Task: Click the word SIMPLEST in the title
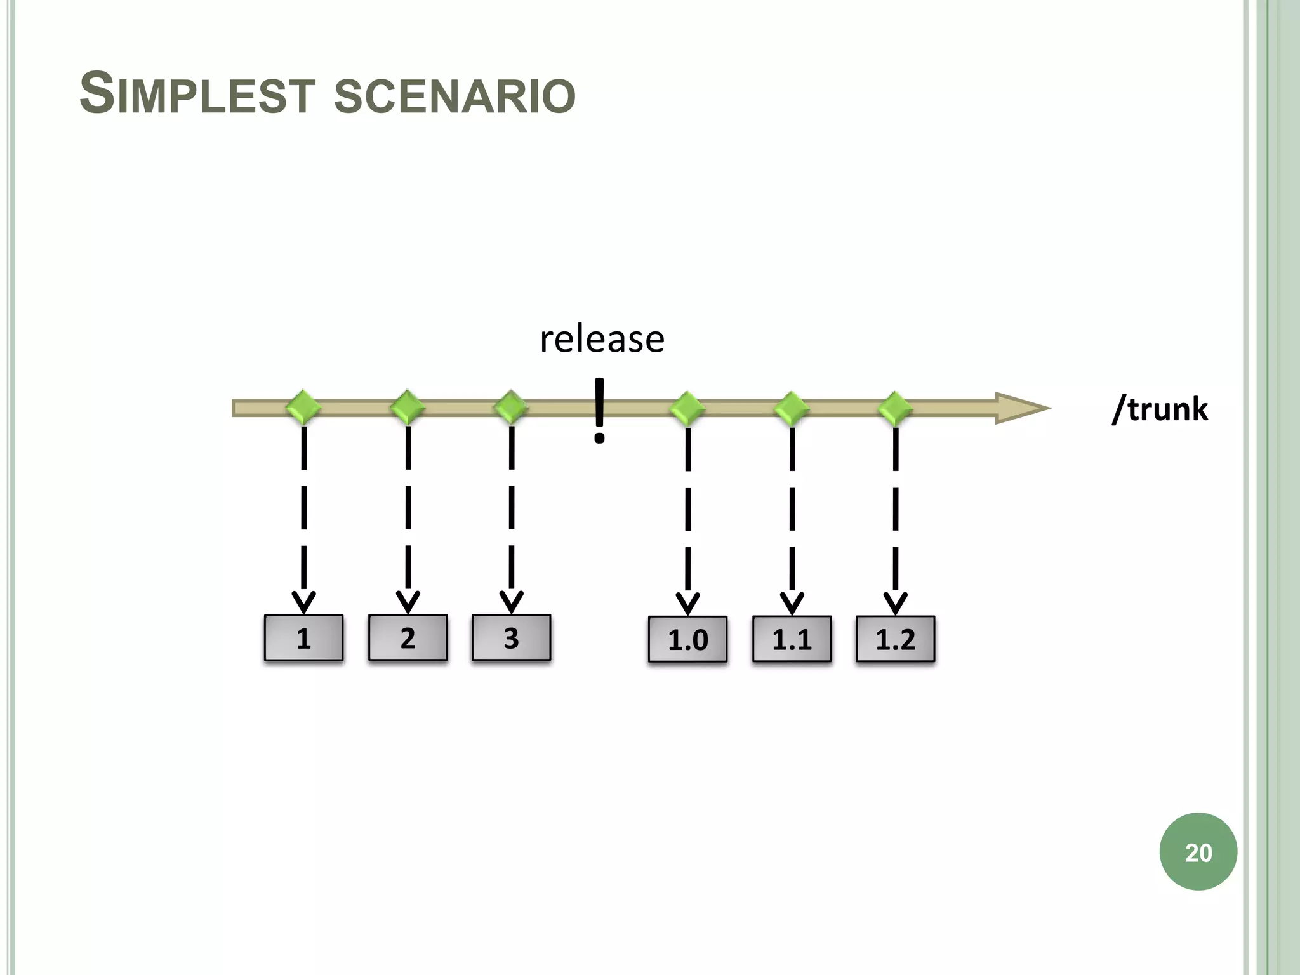tap(197, 95)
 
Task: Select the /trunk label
tap(1160, 409)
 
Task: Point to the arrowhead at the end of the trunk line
tap(1022, 408)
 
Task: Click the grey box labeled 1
tap(303, 638)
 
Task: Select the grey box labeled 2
tap(408, 638)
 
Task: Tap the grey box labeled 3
tap(511, 638)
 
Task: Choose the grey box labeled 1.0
tap(687, 639)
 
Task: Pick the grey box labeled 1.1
tap(792, 639)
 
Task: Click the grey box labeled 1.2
tap(895, 639)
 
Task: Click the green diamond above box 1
tap(303, 408)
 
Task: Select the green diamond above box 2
tap(408, 408)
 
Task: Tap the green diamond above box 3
tap(511, 408)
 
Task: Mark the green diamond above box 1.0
tap(687, 408)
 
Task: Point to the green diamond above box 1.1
tap(792, 408)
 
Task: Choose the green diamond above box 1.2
tap(895, 408)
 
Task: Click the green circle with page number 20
tap(1198, 852)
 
